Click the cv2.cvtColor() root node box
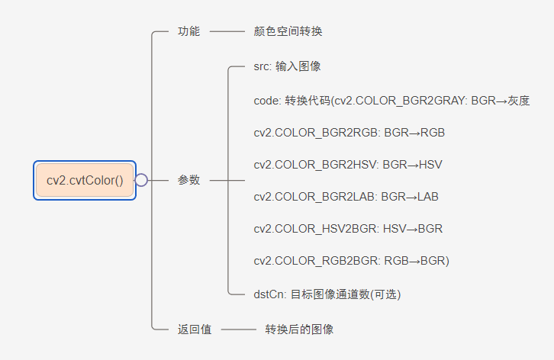click(84, 180)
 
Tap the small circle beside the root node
click(141, 180)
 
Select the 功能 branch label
click(188, 31)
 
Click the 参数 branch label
click(188, 180)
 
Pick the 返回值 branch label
click(195, 329)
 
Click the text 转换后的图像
click(299, 329)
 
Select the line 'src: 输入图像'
click(287, 66)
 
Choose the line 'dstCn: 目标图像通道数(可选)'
click(327, 294)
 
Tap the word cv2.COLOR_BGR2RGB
click(316, 133)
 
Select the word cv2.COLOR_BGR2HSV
click(316, 165)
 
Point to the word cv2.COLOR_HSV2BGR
click(316, 229)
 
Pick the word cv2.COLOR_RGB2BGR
click(316, 261)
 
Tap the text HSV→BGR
click(413, 229)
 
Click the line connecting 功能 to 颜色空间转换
click(226, 31)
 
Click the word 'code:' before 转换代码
click(267, 100)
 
